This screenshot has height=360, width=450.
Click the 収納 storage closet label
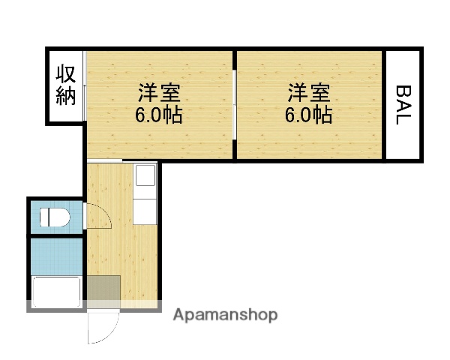point(65,85)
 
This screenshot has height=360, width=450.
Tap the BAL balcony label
point(403,104)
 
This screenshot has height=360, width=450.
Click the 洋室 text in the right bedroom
point(309,94)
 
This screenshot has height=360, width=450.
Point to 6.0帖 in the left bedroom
point(158,115)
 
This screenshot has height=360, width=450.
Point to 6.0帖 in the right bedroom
point(309,115)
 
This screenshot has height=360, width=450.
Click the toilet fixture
point(55,217)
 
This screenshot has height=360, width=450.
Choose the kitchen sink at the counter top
point(144,177)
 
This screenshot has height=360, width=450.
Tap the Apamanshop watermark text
point(225,315)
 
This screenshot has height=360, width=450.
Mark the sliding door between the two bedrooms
point(235,104)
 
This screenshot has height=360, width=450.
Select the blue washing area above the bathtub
point(56,255)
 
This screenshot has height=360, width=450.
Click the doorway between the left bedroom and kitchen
point(105,160)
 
